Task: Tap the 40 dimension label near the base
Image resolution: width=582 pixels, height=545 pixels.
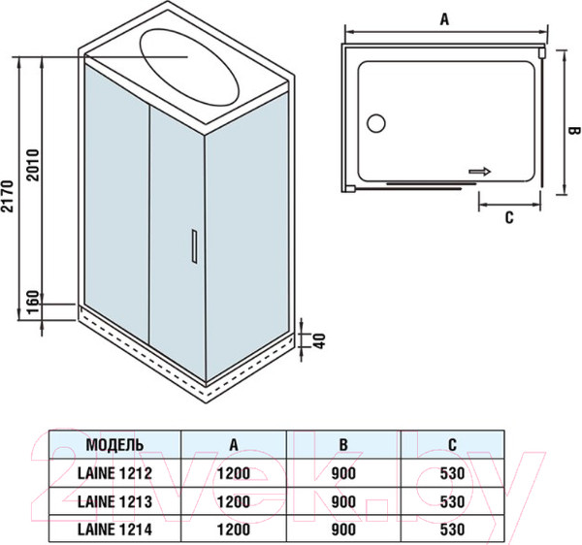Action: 316,341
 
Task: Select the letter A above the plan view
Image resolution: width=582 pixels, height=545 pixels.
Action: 444,17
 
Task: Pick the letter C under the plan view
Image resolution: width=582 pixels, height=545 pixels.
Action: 508,217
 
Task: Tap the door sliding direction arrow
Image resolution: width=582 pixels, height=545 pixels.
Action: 480,172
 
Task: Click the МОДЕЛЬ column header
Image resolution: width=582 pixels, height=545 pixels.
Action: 115,444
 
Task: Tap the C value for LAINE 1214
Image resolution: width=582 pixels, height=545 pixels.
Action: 453,529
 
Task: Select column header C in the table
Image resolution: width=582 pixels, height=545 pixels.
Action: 453,444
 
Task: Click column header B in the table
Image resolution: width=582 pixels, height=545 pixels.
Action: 343,444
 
